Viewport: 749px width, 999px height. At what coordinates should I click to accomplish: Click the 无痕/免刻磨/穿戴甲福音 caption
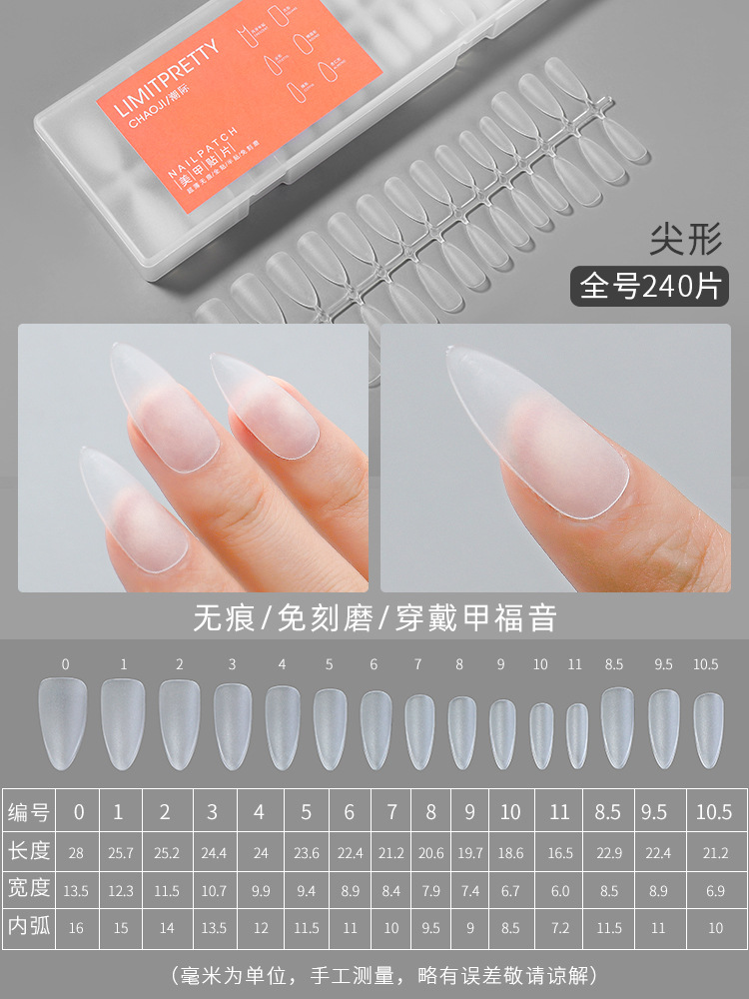374,617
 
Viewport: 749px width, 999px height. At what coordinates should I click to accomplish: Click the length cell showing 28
76,852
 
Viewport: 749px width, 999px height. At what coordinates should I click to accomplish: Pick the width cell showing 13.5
76,889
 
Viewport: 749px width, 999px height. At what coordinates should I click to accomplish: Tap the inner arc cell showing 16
76,928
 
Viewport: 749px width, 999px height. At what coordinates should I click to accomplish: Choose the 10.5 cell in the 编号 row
713,812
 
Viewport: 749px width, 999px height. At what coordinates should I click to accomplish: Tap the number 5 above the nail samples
329,663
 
